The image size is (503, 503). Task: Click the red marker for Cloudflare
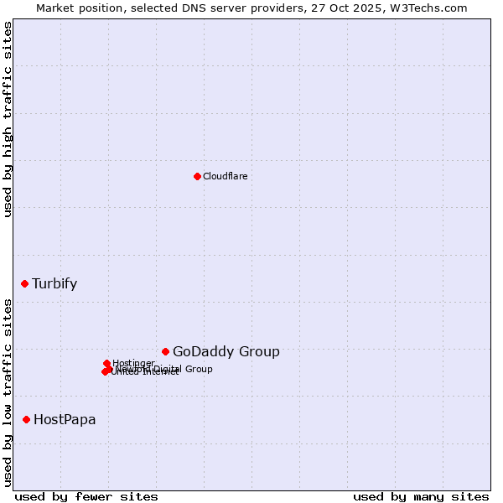(x=197, y=176)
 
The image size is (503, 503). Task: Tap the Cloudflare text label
(x=225, y=176)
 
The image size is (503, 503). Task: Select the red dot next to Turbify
(x=25, y=283)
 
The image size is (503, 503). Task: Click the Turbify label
(x=54, y=283)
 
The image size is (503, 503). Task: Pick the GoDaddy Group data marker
(x=165, y=351)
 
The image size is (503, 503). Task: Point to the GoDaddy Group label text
(x=226, y=352)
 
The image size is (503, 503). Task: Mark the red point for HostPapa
(x=27, y=419)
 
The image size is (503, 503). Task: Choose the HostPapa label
(x=65, y=419)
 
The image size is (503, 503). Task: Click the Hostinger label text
(x=133, y=363)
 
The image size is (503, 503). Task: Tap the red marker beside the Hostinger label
(x=106, y=364)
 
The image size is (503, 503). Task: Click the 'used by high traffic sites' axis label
(x=8, y=119)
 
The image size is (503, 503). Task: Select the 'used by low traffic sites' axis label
(x=8, y=392)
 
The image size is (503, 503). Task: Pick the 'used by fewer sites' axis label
(x=86, y=496)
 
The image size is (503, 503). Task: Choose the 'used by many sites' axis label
(x=421, y=496)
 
